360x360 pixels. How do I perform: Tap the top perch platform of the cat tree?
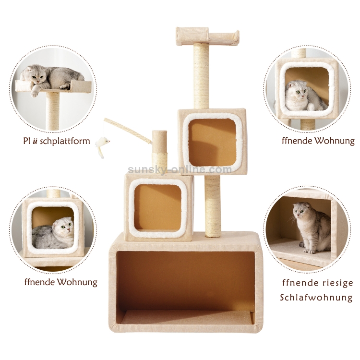[207, 36]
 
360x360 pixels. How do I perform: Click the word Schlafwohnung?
[316, 298]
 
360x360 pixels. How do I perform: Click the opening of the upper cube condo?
[212, 142]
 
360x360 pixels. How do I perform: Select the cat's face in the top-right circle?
[296, 90]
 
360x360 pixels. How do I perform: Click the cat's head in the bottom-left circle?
[64, 227]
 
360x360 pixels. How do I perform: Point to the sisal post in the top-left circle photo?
[53, 110]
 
